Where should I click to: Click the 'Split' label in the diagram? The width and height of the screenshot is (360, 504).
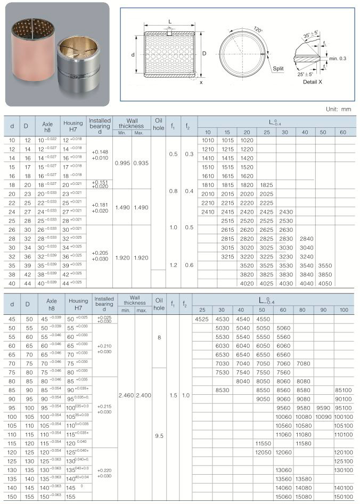279,69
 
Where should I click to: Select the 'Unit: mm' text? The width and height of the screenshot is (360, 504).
338,109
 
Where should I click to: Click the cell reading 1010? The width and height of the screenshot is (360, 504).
208,141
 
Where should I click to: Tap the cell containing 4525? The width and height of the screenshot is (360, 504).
201,319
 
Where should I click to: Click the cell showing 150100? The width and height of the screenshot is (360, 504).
343,497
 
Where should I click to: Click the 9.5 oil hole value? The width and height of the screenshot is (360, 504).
159,435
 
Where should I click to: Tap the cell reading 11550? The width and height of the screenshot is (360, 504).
263,443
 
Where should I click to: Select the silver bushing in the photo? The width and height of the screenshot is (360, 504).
79,61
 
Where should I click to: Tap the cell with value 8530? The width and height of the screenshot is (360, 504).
222,390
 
